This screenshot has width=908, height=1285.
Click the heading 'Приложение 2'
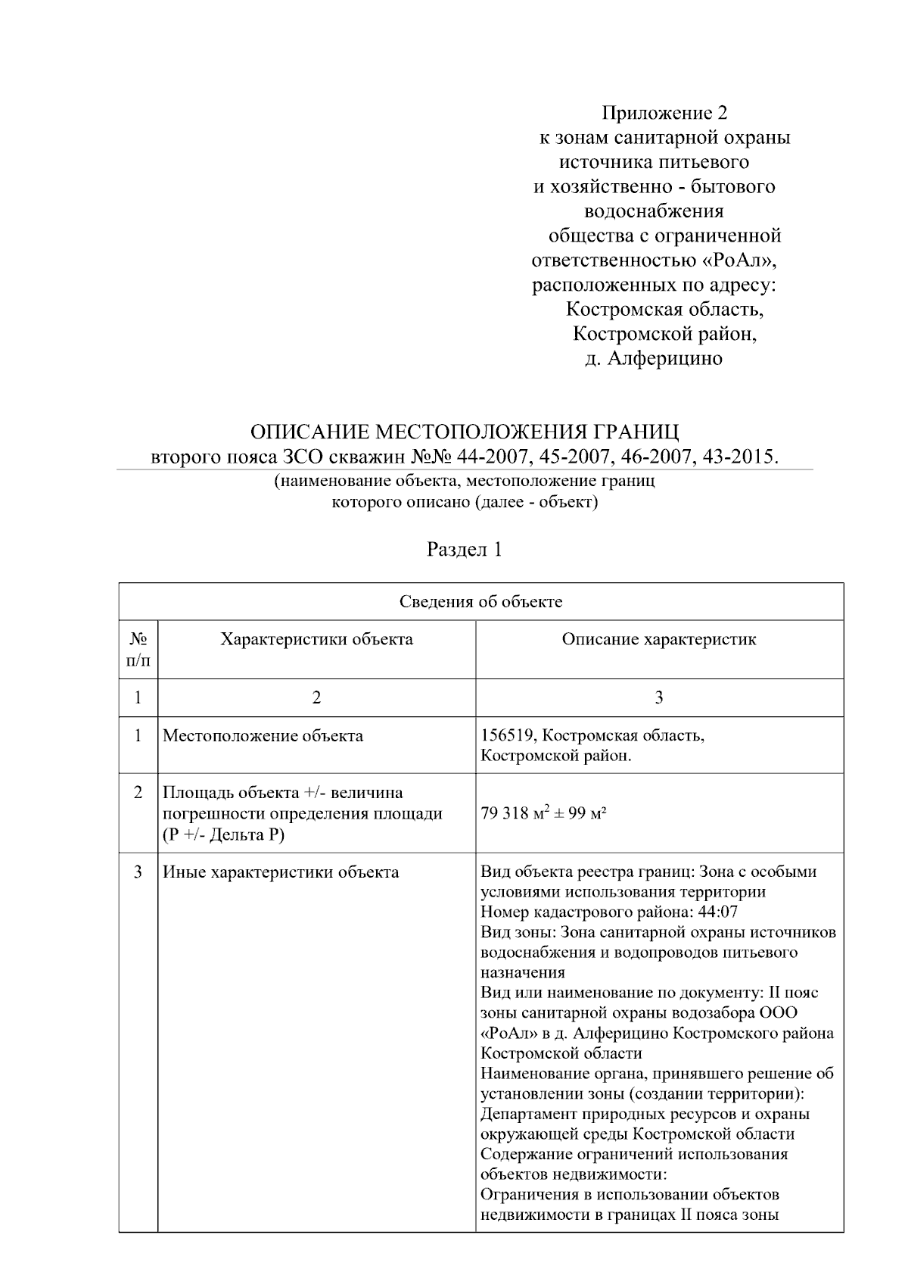pyautogui.click(x=664, y=114)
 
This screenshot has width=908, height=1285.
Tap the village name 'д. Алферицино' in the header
pyautogui.click(x=654, y=358)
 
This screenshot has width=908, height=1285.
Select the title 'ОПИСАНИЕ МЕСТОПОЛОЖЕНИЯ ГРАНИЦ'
pyautogui.click(x=465, y=432)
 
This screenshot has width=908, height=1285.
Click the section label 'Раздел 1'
pyautogui.click(x=465, y=550)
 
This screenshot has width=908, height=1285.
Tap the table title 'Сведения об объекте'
pyautogui.click(x=480, y=602)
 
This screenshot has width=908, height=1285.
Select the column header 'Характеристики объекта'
pyautogui.click(x=316, y=639)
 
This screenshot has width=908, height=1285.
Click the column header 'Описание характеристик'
pyautogui.click(x=658, y=639)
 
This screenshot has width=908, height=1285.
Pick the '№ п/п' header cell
pyautogui.click(x=138, y=650)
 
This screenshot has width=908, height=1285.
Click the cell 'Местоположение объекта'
pyautogui.click(x=263, y=736)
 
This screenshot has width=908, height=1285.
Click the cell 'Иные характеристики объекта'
pyautogui.click(x=281, y=872)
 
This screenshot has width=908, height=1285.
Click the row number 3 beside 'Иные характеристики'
pyautogui.click(x=138, y=872)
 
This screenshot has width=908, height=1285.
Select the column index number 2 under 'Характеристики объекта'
pyautogui.click(x=316, y=697)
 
